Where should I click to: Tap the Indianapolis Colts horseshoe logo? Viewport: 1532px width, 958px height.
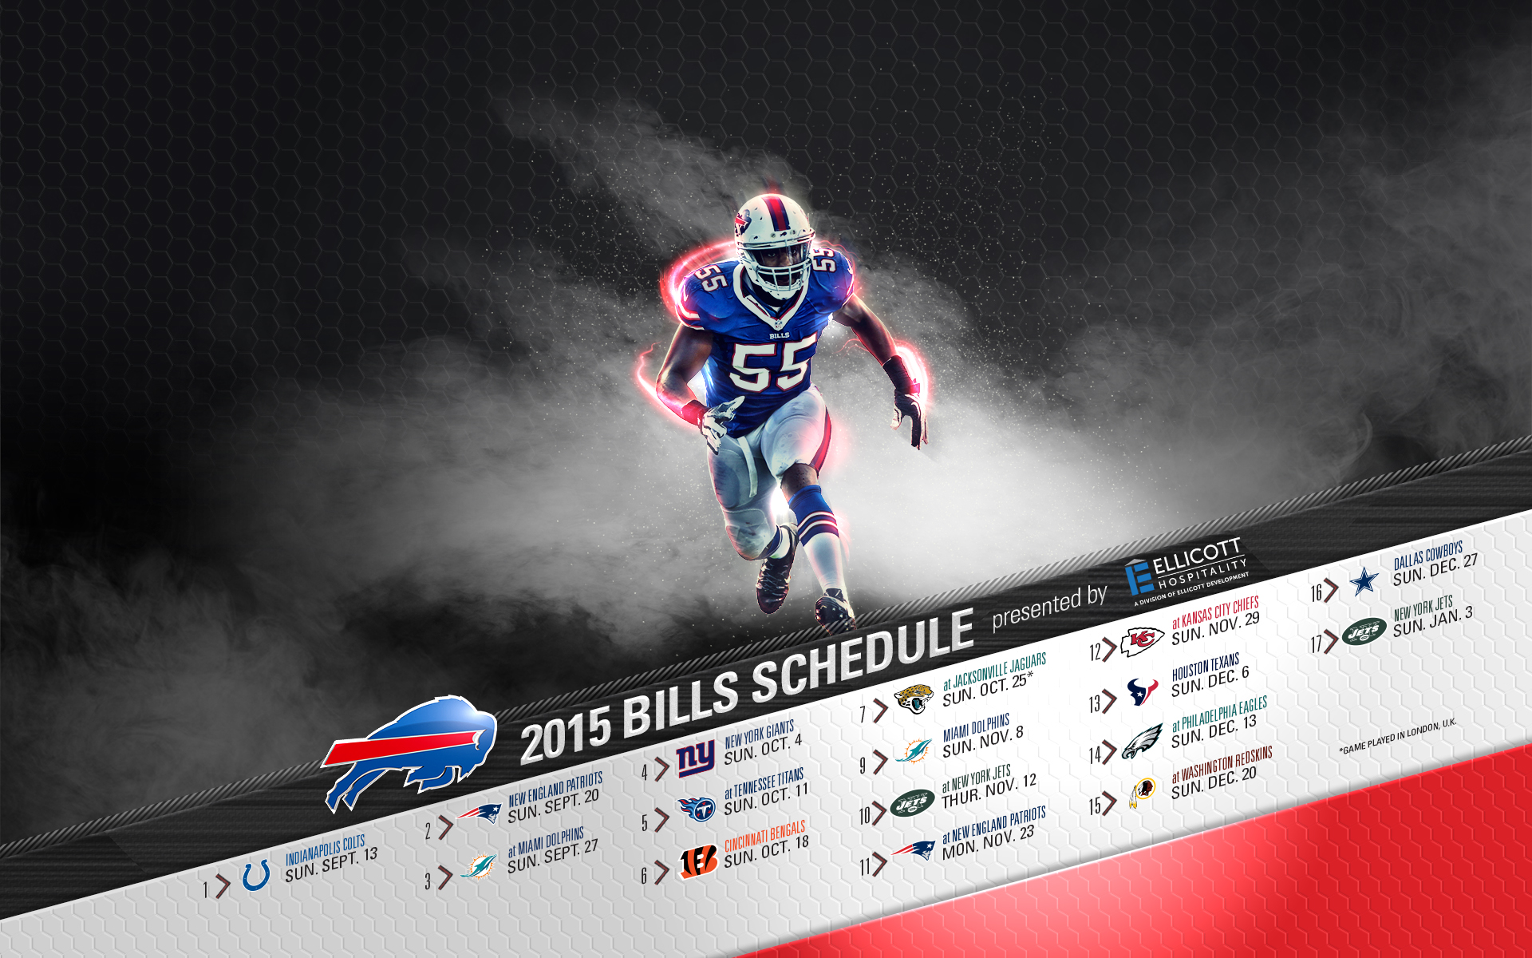coord(256,876)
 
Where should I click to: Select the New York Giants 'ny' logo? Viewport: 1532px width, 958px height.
coord(696,758)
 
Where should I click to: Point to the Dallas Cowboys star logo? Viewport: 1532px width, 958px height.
coord(1364,581)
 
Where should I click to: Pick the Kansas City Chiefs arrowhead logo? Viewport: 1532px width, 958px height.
coord(1142,641)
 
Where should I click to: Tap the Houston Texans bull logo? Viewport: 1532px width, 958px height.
coord(1143,691)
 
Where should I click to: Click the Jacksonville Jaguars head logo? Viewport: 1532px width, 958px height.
coord(914,697)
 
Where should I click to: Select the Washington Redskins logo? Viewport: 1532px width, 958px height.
coord(1143,793)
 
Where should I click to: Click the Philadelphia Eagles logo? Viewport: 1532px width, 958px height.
coord(1143,742)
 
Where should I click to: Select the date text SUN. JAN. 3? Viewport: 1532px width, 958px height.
coord(1433,622)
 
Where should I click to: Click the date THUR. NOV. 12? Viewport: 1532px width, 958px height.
coord(989,790)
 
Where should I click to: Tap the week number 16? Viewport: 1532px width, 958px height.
coord(1317,592)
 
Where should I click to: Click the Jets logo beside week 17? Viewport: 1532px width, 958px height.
coord(1364,632)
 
